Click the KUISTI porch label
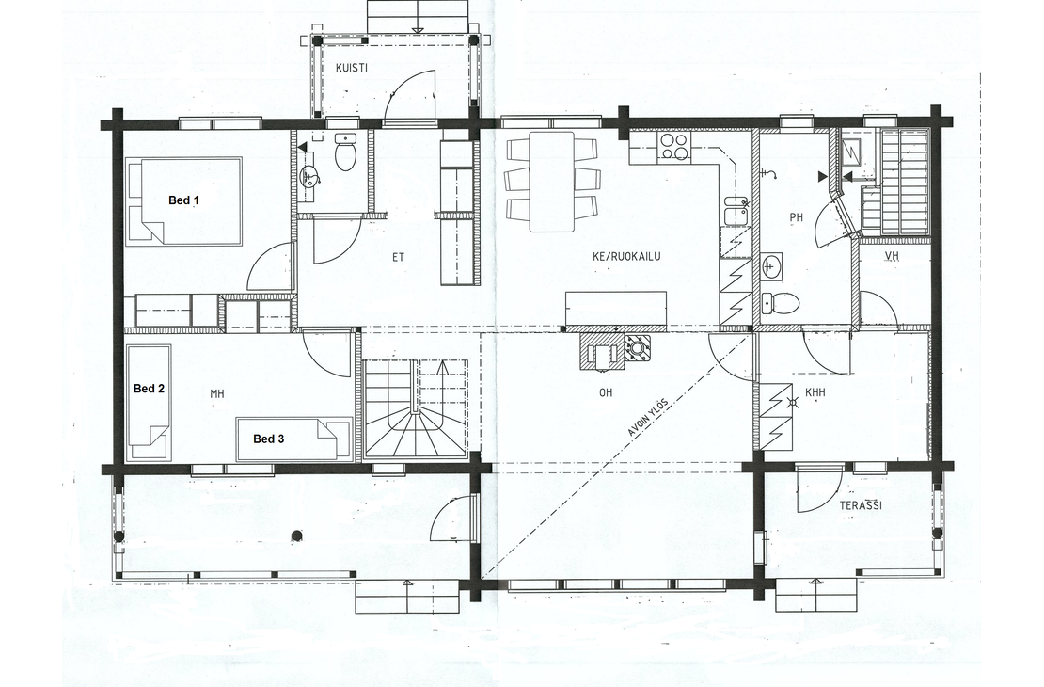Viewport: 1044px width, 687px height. click(352, 68)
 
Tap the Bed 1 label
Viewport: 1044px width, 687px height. click(183, 200)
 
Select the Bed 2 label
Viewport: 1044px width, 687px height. click(150, 389)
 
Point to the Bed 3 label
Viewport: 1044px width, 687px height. click(269, 439)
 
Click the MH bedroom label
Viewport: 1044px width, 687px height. click(217, 394)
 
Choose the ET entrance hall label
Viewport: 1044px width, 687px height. click(398, 257)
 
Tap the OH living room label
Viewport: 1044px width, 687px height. click(605, 393)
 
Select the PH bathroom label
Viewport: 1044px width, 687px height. click(797, 217)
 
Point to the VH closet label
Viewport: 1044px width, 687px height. click(892, 257)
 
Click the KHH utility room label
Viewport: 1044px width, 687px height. click(815, 393)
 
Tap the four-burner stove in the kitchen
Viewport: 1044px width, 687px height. click(673, 146)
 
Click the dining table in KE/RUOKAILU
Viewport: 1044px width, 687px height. click(552, 182)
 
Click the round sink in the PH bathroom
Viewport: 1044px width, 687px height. click(771, 267)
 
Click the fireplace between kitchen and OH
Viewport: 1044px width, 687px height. click(616, 350)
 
